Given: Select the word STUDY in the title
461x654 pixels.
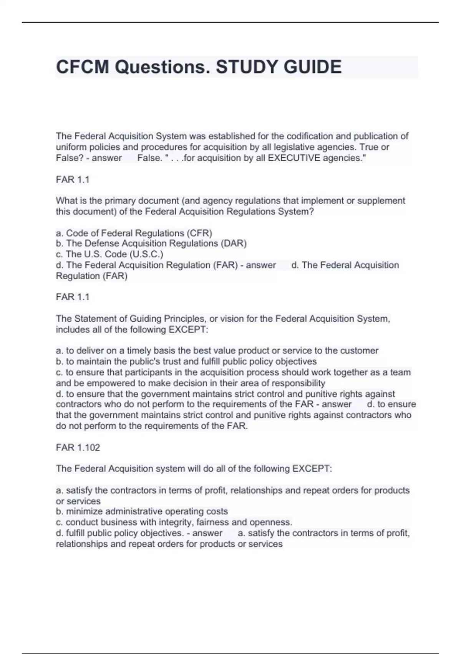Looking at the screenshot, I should (247, 67).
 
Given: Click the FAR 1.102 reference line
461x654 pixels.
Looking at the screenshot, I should (78, 447).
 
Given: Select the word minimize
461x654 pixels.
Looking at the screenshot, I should (84, 511).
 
